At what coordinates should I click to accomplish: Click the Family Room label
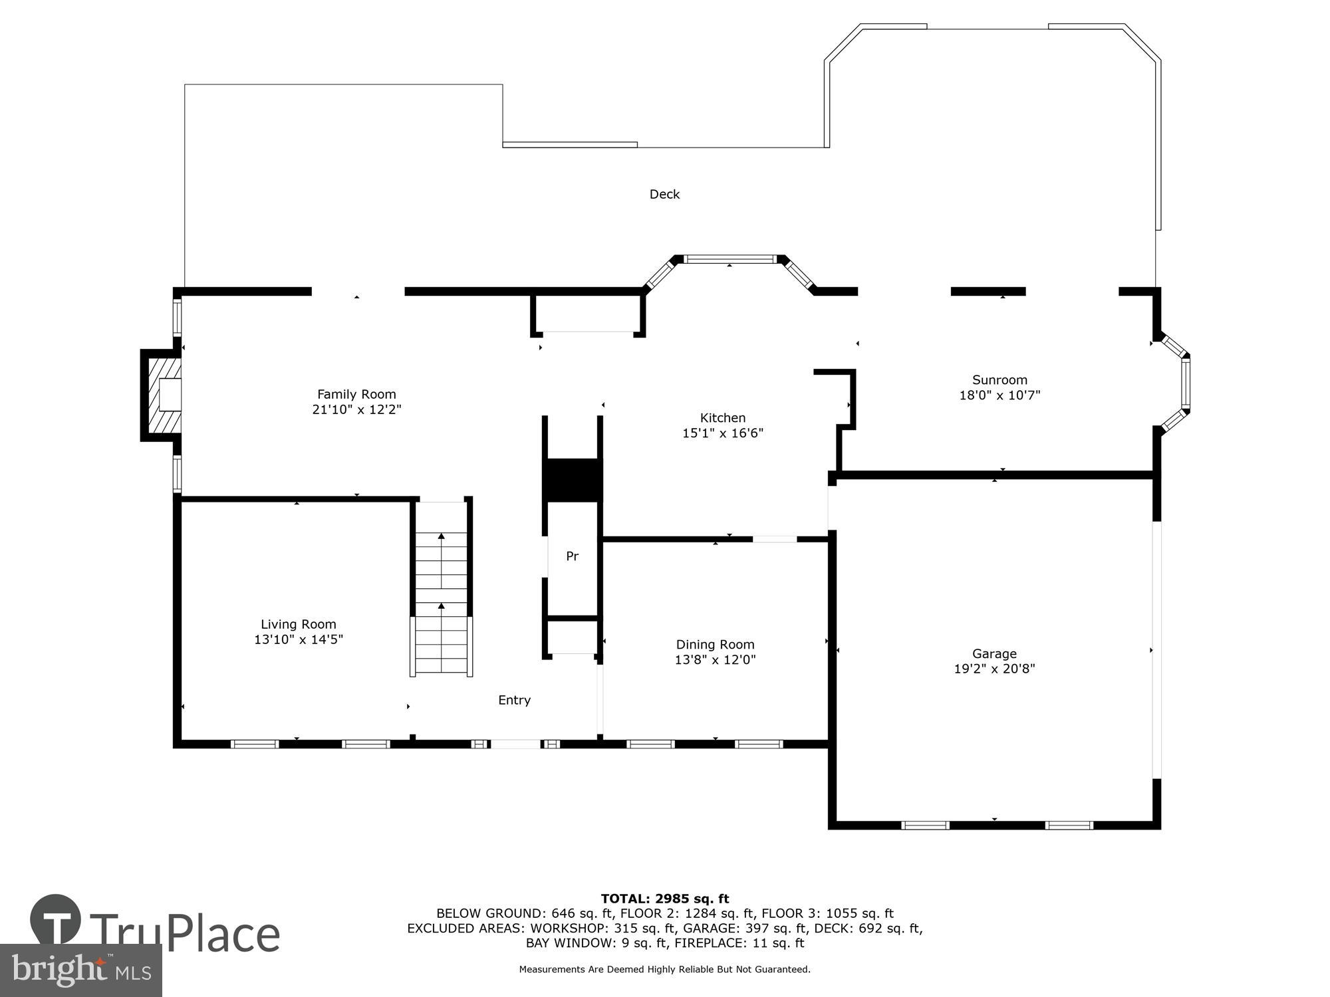tap(356, 394)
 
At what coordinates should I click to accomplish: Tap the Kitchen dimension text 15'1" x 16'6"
tap(723, 433)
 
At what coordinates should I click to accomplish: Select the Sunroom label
tap(999, 380)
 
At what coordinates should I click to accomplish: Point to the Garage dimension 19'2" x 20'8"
tap(994, 669)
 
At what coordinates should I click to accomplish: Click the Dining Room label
tap(715, 645)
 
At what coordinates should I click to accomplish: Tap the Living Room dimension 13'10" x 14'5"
tap(299, 639)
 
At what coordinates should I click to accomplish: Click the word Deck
tap(664, 194)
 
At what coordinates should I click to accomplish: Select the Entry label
tap(514, 700)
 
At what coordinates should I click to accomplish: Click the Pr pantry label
tap(572, 556)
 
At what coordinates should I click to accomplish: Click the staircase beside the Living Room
tap(442, 589)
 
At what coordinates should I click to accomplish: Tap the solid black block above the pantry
tap(572, 480)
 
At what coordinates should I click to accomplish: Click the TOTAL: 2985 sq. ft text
tap(665, 899)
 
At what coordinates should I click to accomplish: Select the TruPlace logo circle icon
tap(56, 921)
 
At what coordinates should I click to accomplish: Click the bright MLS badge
tap(80, 970)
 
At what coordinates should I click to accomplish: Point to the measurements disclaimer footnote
tap(665, 970)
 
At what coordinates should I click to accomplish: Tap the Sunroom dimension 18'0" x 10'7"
tap(999, 395)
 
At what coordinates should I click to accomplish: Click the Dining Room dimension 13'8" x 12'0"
tap(715, 660)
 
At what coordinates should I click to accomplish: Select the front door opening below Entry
tap(515, 744)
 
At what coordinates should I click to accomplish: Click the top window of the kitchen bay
tap(730, 259)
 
